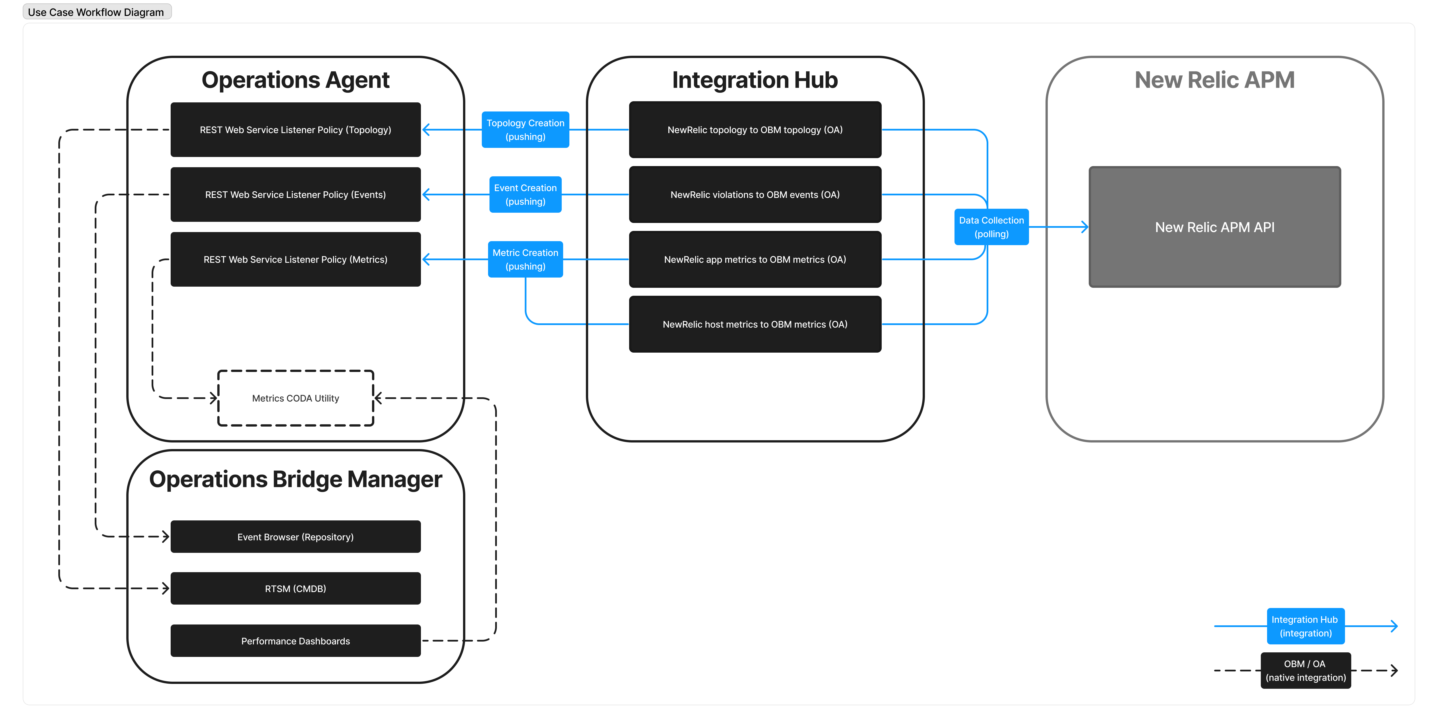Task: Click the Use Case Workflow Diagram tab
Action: pos(96,12)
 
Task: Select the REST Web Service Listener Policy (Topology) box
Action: pos(295,129)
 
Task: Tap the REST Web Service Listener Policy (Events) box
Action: pos(295,194)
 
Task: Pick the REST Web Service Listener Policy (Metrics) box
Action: pos(295,259)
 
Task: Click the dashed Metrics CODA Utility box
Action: pos(295,398)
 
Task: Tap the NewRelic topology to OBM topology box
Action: pos(755,129)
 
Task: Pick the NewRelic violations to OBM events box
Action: pos(755,194)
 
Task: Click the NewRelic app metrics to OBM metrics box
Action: pos(755,259)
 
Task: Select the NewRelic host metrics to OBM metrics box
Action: pos(755,324)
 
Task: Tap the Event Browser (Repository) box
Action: pos(295,537)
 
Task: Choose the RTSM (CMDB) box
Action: pos(295,588)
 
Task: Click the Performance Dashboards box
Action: pos(295,641)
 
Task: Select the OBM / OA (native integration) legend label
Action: pos(1305,671)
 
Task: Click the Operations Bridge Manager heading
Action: pos(295,479)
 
